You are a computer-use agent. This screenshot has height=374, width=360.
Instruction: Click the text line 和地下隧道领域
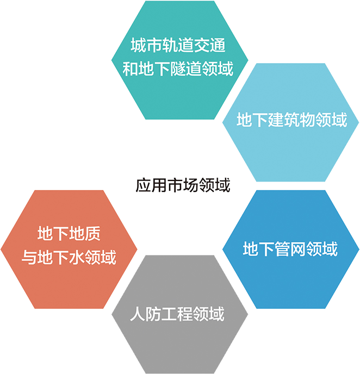pyautogui.click(x=178, y=69)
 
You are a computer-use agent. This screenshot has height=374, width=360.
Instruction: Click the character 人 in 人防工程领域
pyautogui.click(x=138, y=314)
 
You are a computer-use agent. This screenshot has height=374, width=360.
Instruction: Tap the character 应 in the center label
pyautogui.click(x=142, y=185)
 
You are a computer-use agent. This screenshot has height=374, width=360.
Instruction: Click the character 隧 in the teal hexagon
pyautogui.click(x=178, y=69)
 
